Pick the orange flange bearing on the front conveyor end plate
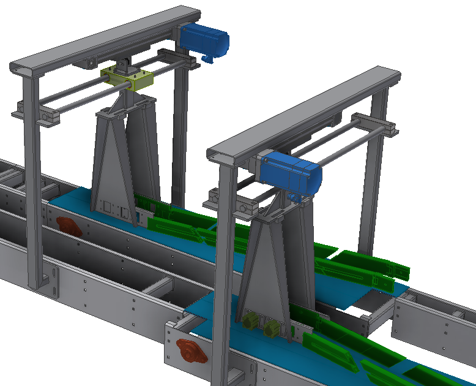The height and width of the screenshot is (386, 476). (x=188, y=352)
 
